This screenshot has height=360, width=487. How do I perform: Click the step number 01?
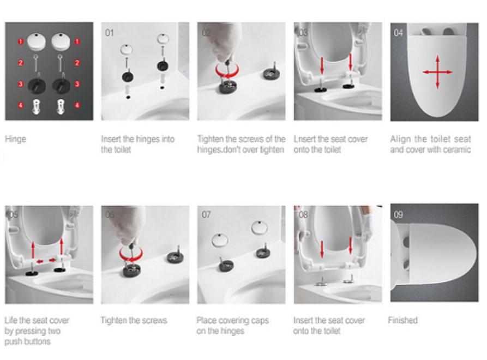click(x=109, y=33)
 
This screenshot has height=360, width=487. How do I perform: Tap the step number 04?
click(x=398, y=33)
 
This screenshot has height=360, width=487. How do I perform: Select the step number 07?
click(x=206, y=214)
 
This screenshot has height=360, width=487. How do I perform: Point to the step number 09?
click(x=399, y=214)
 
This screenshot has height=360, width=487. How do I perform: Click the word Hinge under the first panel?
click(x=15, y=139)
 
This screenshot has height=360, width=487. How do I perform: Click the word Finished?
click(x=403, y=320)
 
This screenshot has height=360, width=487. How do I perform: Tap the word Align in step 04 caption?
click(x=401, y=139)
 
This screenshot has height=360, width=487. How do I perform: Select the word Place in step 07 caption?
click(x=207, y=320)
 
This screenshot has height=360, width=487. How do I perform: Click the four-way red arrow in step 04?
click(x=437, y=72)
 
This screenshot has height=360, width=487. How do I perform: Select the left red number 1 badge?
click(x=21, y=41)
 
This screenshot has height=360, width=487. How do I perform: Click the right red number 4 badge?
click(x=77, y=105)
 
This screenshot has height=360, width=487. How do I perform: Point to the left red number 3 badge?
click(x=21, y=84)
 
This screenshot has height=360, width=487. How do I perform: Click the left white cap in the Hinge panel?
click(x=37, y=41)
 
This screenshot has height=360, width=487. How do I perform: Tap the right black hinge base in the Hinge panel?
click(x=61, y=85)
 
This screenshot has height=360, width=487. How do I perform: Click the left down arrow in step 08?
click(x=322, y=249)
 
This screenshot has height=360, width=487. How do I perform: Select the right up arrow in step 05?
click(x=62, y=247)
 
